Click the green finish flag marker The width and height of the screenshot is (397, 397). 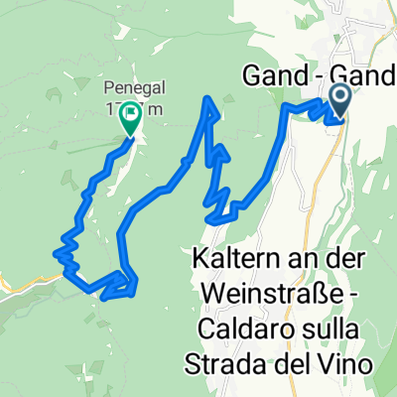(129, 119)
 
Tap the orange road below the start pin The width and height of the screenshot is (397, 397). (347, 149)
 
